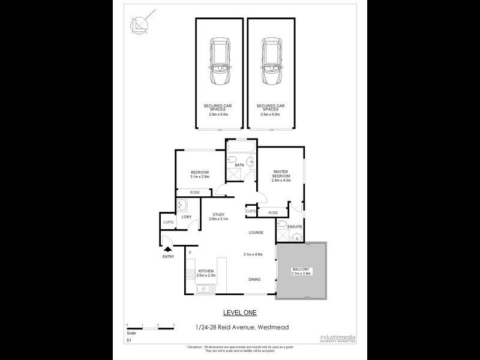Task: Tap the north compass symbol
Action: (x=139, y=25)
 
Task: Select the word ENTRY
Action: (x=169, y=257)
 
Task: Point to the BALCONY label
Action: (x=301, y=271)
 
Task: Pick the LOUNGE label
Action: (x=257, y=232)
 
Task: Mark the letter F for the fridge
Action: (x=190, y=253)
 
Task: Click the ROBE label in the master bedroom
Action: (x=273, y=213)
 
